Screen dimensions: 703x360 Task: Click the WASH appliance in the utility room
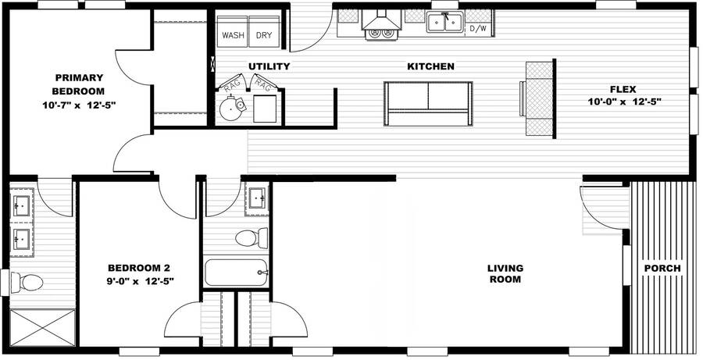pyautogui.click(x=232, y=32)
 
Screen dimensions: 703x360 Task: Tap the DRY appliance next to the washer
pyautogui.click(x=264, y=32)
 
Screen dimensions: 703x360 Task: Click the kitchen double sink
pyautogui.click(x=444, y=22)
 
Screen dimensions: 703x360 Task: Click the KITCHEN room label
pyautogui.click(x=430, y=66)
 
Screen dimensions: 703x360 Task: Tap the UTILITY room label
pyautogui.click(x=269, y=66)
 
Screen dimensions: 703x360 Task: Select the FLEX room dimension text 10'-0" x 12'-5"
pyautogui.click(x=625, y=102)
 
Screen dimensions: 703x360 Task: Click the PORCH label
pyautogui.click(x=662, y=268)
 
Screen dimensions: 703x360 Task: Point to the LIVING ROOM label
pyautogui.click(x=505, y=273)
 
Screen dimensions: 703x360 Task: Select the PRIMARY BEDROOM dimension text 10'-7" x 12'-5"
pyautogui.click(x=80, y=105)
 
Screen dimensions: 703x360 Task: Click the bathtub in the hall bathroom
pyautogui.click(x=236, y=272)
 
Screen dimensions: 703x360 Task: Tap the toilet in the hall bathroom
pyautogui.click(x=252, y=237)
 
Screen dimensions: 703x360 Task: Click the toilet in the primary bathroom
pyautogui.click(x=27, y=283)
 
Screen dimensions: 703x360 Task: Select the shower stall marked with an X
pyautogui.click(x=43, y=328)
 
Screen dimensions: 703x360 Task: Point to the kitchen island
pyautogui.click(x=428, y=103)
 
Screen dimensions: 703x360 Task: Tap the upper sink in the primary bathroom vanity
pyautogui.click(x=21, y=206)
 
